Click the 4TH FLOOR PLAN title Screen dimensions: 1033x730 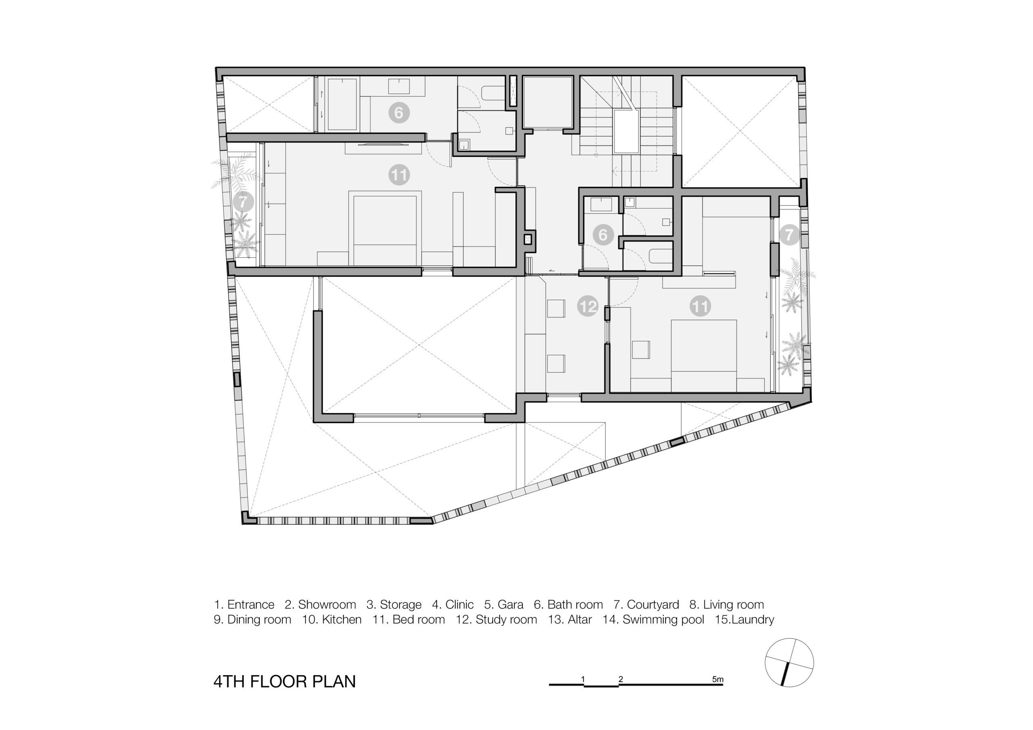[284, 682]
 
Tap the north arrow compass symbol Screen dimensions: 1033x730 [789, 662]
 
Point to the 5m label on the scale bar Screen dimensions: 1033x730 [717, 679]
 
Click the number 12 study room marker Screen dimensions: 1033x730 [588, 306]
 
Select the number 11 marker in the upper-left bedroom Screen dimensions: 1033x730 [399, 175]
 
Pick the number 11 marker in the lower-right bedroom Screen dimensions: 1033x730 [700, 306]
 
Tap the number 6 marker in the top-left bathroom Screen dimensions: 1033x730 [399, 113]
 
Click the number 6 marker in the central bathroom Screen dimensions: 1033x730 [603, 234]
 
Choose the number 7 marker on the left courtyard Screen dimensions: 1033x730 [243, 202]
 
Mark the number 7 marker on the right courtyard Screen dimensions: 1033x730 [789, 234]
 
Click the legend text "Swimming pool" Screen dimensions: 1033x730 [663, 620]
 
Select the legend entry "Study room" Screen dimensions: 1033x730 [506, 620]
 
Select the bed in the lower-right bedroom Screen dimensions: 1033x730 [704, 356]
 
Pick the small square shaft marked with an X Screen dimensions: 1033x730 [528, 239]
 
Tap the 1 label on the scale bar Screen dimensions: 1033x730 [583, 679]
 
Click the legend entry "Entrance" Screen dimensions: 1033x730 [251, 605]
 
